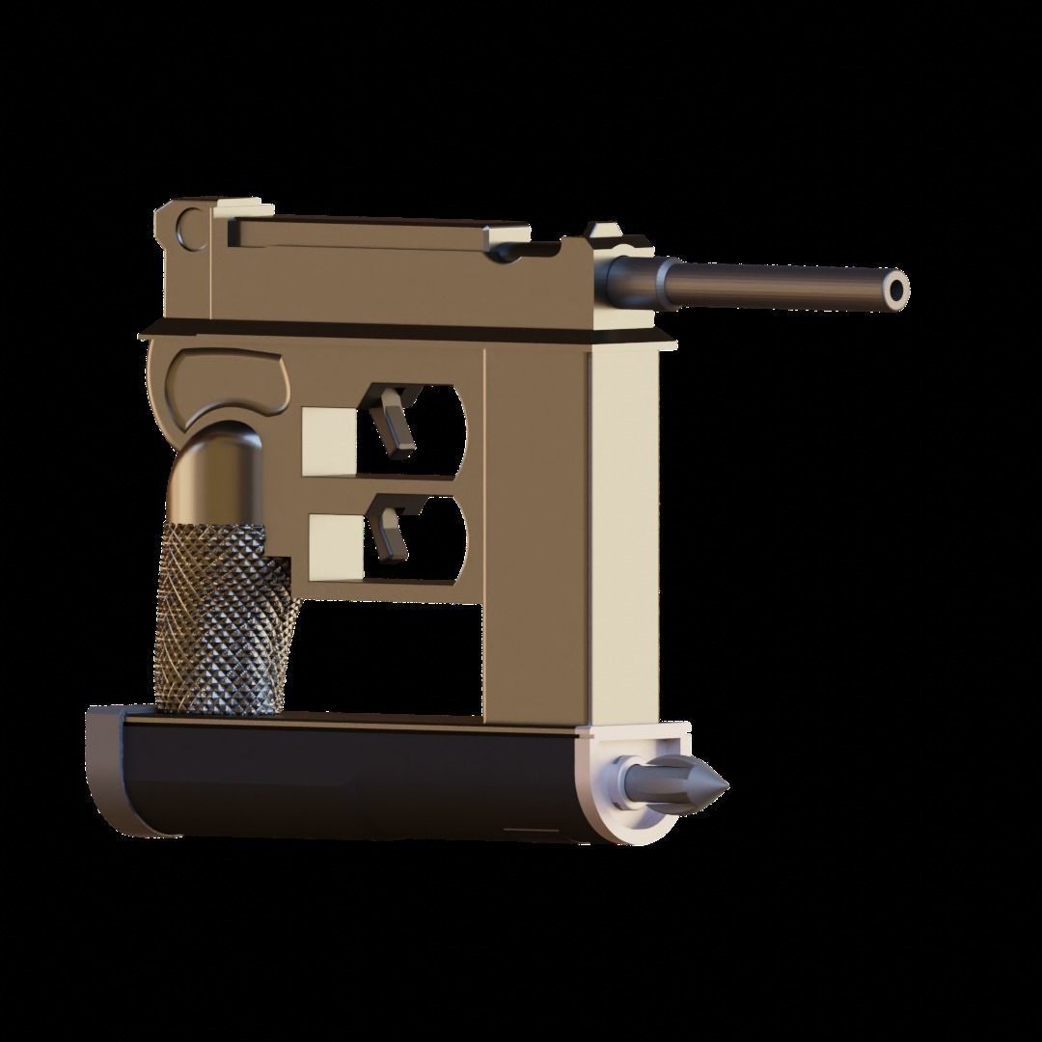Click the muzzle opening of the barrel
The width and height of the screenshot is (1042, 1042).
pyautogui.click(x=897, y=288)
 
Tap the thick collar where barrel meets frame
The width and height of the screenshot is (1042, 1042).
pyautogui.click(x=631, y=280)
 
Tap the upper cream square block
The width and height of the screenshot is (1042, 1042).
pyautogui.click(x=329, y=440)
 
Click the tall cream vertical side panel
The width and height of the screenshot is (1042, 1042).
pyautogui.click(x=622, y=531)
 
